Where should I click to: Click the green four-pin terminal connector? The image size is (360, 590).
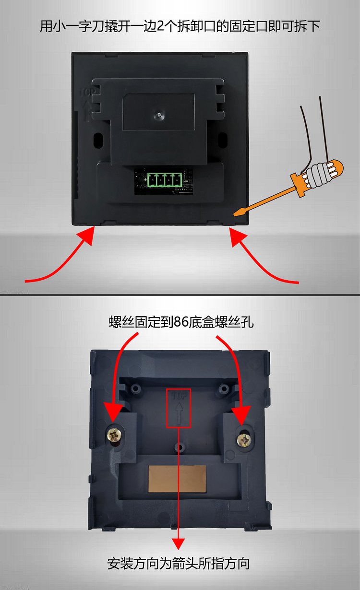[165, 180]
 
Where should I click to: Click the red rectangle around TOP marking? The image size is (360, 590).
[179, 408]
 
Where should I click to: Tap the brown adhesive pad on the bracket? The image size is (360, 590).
[177, 479]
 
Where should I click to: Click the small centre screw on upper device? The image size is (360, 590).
[159, 115]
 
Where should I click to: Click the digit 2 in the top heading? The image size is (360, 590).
[160, 26]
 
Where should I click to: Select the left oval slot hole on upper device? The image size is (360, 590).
[98, 139]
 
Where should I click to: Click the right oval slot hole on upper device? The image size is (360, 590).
[223, 139]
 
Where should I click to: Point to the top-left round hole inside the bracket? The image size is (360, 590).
[136, 388]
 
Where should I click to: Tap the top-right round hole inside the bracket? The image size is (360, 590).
[224, 388]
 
